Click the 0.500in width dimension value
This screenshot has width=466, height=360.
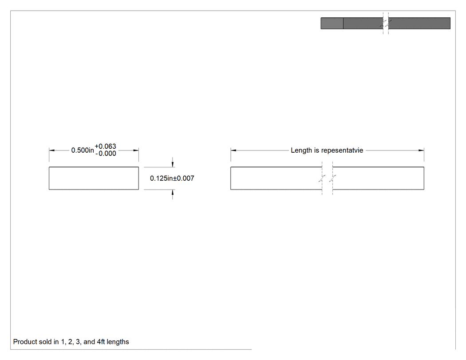point(83,150)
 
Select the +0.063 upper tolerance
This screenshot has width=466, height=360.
point(105,146)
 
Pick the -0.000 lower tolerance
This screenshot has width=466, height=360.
point(106,154)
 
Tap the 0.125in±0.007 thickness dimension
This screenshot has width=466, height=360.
point(172,178)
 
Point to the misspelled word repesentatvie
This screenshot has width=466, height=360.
point(342,150)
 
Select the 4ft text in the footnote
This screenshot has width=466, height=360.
point(101,342)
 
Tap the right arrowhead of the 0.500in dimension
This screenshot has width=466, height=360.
point(136,150)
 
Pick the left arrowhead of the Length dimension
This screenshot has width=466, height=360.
point(233,150)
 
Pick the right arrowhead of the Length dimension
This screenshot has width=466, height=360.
point(421,150)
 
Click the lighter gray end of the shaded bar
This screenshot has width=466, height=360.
point(332,24)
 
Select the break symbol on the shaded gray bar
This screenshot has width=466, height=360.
point(386,24)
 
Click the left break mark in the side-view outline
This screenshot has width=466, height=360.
point(322,178)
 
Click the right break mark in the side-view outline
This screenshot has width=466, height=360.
point(332,178)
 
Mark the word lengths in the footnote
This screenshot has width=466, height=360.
point(118,342)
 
